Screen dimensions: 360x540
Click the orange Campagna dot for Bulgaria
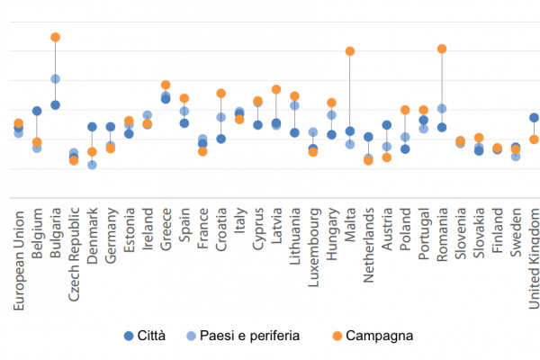pos(55,37)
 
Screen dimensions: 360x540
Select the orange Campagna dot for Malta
pos(349,51)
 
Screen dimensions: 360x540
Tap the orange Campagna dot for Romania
pos(442,49)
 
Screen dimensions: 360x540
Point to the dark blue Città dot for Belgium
pos(37,111)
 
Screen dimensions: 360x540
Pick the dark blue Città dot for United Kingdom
pos(534,118)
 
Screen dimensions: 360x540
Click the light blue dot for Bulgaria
pos(55,79)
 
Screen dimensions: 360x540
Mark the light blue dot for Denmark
pos(92,165)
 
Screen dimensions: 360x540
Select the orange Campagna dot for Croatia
pos(220,93)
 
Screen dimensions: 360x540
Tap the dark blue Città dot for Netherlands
pos(368,137)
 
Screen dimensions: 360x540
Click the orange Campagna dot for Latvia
pos(276,89)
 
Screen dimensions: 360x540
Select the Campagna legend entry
pos(374,336)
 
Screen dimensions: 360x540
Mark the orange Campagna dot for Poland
pos(405,110)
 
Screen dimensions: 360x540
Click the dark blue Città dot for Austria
pos(386,125)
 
